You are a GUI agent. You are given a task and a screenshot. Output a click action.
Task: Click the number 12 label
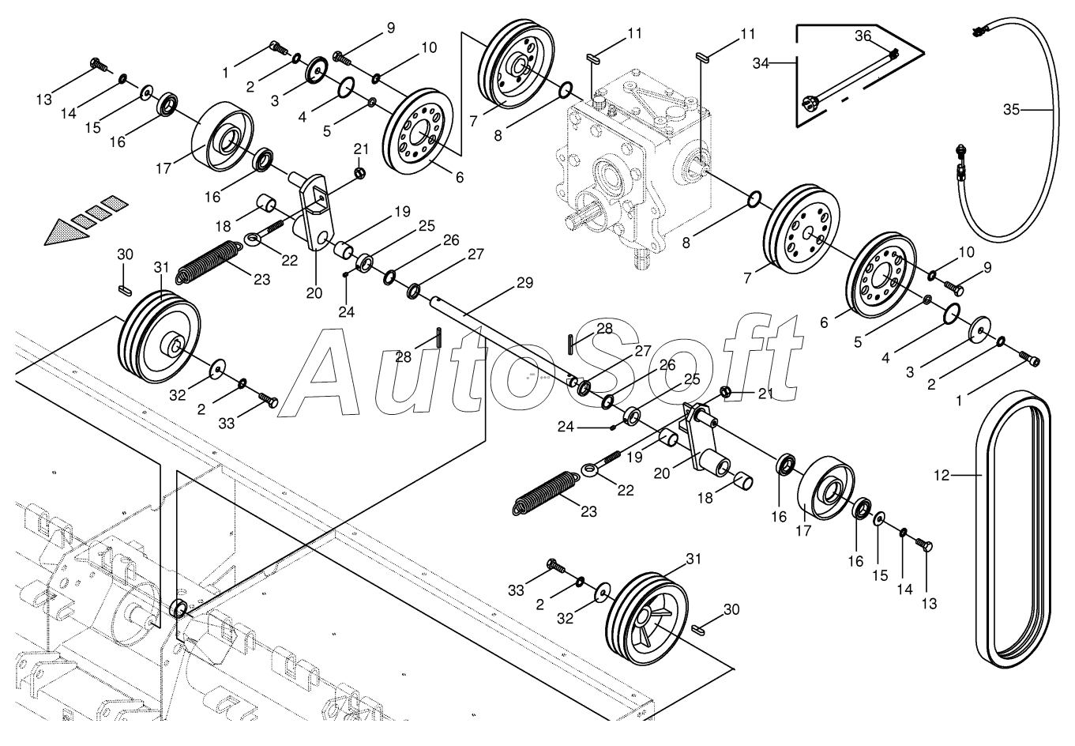[941, 476]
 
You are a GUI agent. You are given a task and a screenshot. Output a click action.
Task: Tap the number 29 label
[525, 283]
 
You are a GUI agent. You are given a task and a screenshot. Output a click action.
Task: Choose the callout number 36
[863, 36]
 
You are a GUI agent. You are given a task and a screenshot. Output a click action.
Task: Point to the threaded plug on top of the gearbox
[598, 101]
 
